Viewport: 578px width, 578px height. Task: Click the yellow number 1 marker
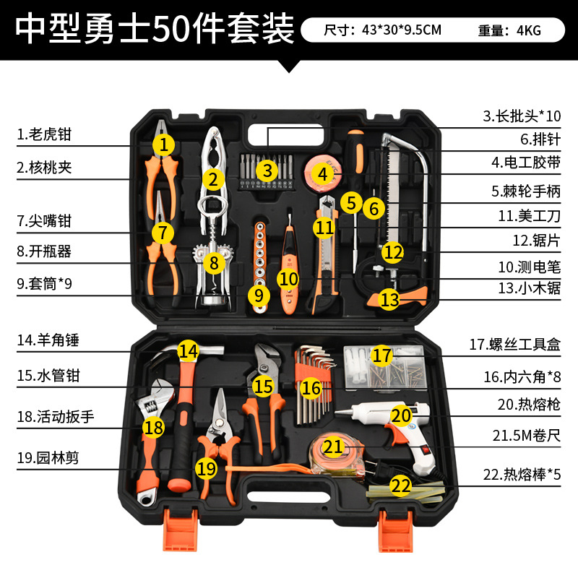(164, 144)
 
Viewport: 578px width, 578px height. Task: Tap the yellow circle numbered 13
(389, 300)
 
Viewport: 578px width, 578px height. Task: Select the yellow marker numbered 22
(400, 486)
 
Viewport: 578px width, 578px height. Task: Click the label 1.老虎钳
(45, 134)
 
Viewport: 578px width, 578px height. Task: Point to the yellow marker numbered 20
(401, 415)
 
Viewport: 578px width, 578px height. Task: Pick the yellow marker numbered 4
(322, 173)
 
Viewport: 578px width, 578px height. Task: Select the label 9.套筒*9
(44, 284)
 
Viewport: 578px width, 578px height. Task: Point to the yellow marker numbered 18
(152, 428)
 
